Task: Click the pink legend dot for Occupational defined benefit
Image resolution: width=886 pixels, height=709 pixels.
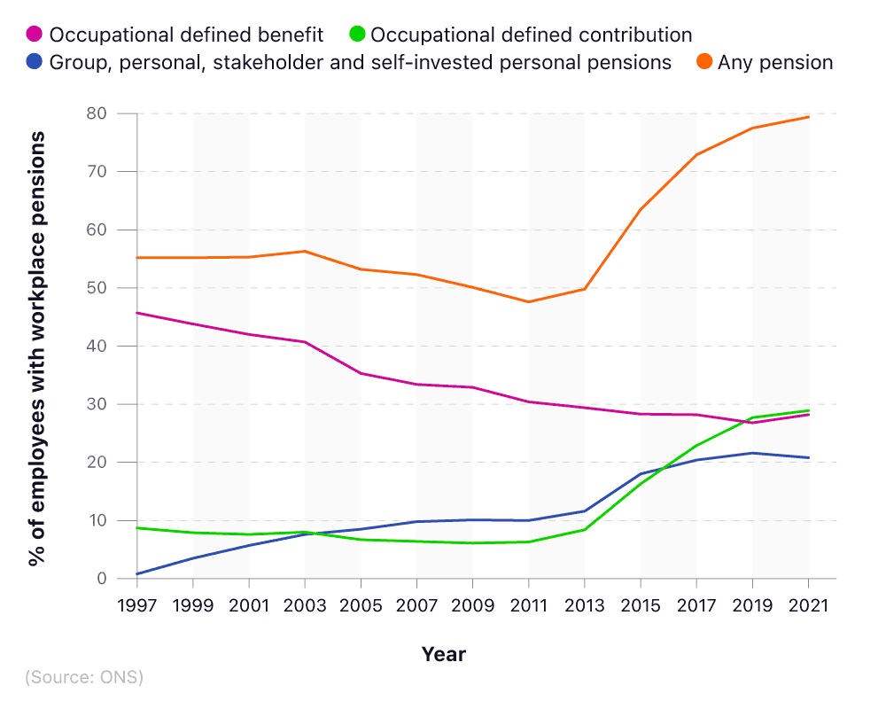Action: [35, 35]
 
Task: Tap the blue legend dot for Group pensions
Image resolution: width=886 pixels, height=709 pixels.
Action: [35, 63]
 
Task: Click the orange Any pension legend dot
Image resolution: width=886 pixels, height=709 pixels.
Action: [704, 63]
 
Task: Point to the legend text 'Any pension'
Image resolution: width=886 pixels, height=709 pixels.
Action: [775, 63]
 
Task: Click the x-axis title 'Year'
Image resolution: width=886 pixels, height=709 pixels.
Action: [443, 655]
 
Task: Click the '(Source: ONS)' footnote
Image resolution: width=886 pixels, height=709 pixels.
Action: [84, 677]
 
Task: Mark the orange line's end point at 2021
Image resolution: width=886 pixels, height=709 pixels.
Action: [808, 117]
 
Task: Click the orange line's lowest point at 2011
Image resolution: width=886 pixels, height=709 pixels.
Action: [529, 302]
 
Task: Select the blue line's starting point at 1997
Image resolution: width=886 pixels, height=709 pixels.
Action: [138, 574]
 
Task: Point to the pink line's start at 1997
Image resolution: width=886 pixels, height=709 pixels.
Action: [138, 313]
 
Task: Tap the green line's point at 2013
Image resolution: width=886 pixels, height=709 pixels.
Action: [585, 529]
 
